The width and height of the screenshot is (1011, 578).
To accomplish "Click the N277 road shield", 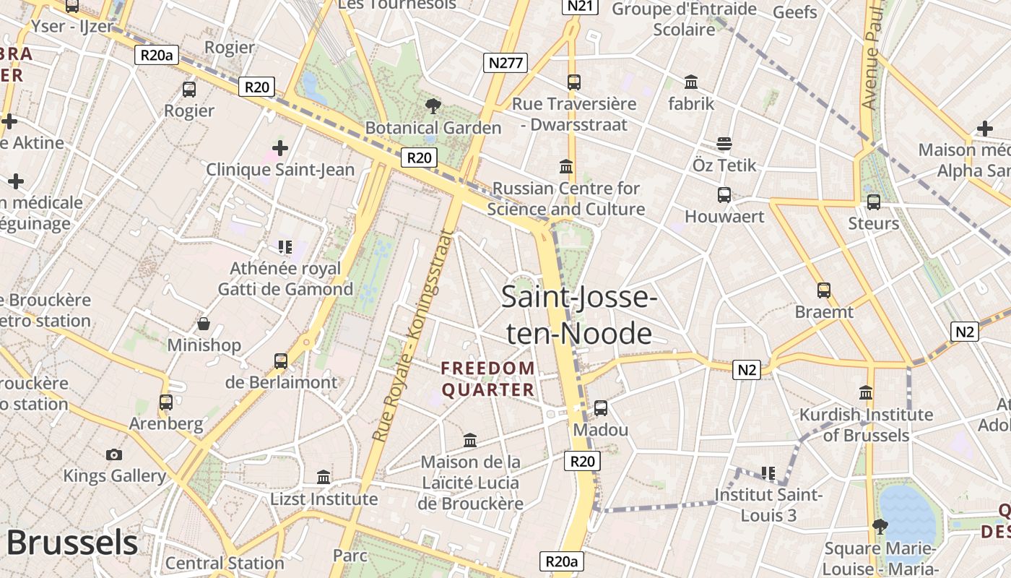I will pos(506,63).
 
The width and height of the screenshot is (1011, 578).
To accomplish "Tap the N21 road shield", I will pos(581,6).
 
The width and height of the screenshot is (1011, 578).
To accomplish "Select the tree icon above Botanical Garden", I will pos(433,106).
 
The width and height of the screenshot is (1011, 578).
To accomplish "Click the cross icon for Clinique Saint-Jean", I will pos(280,148).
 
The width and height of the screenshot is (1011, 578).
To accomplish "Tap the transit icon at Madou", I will pos(600,408).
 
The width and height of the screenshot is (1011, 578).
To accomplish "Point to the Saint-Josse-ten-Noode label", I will pos(578,315).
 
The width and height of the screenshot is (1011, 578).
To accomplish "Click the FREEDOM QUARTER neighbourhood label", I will pos(488,379).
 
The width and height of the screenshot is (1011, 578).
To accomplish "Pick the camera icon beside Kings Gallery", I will pos(114,454).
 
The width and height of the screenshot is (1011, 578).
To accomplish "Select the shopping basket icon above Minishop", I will pos(204,324).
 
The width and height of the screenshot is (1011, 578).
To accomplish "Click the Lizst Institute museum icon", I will pos(324,478).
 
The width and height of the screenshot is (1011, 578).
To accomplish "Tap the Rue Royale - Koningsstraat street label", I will pos(413,335).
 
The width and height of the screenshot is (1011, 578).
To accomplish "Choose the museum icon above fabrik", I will pos(691,82).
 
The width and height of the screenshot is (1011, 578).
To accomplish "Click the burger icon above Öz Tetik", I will pos(724,144).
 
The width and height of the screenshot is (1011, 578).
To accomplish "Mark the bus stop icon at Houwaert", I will pos(724,195).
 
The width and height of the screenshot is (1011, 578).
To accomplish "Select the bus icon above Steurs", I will pos(874,202).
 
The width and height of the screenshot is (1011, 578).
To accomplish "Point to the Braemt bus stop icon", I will pos(824,290).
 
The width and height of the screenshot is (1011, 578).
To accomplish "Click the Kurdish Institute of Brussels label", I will pos(866,425).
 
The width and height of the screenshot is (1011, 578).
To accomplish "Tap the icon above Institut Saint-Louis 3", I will pos(768,473).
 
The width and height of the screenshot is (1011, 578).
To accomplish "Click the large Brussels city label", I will pos(71,543).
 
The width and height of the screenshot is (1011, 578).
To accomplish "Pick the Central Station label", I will pos(225,563).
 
